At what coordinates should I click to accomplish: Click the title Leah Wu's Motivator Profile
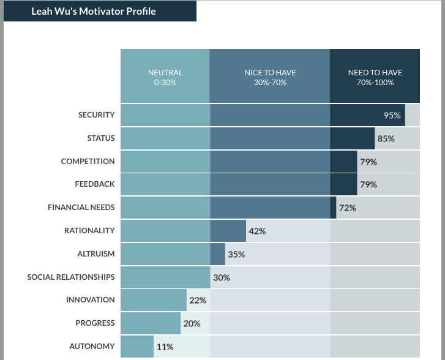coord(94,11)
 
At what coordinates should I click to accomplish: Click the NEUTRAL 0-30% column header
coord(165,77)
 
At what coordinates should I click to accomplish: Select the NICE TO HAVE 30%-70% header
coord(270,77)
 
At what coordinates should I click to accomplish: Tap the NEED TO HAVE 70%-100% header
coord(375,77)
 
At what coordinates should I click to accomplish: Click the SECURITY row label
coord(96,115)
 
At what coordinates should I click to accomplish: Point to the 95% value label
coord(392,115)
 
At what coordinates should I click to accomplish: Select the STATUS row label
coord(100,138)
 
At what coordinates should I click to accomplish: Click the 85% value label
coord(386,138)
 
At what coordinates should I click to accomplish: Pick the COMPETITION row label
coord(88,162)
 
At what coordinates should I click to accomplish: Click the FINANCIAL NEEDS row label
coord(81,208)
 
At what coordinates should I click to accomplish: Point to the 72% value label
coord(347,208)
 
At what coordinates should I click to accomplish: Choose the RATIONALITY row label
coord(89,231)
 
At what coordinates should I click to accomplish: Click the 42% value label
coord(257,231)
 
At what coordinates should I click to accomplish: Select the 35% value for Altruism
coord(236,254)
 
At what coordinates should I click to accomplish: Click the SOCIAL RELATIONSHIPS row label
coord(70,277)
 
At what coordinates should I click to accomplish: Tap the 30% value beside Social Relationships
coord(222,277)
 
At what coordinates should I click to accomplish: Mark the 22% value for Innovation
coord(198,300)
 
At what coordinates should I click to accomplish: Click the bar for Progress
coord(151,323)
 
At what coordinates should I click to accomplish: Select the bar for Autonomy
coord(137,347)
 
